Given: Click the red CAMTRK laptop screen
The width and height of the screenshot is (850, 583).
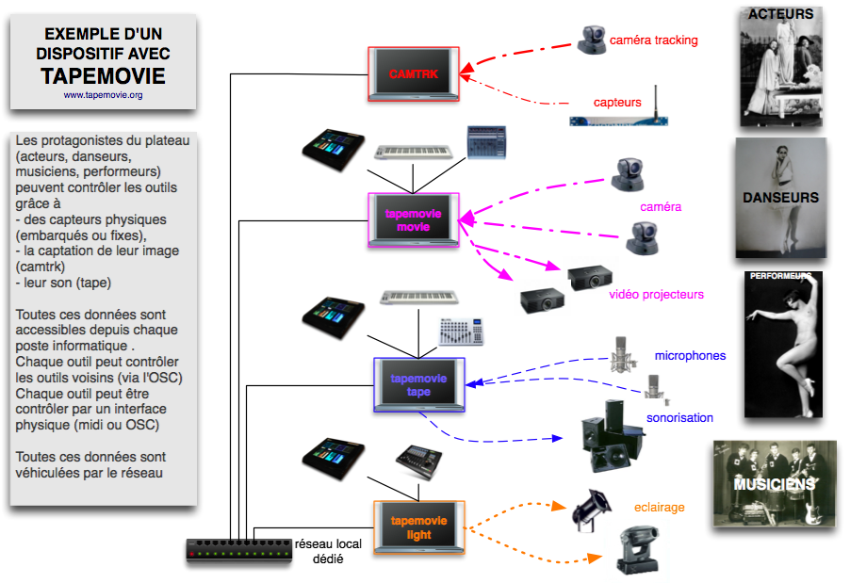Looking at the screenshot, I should pyautogui.click(x=414, y=73).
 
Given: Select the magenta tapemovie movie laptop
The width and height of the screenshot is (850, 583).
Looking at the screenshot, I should pyautogui.click(x=413, y=220).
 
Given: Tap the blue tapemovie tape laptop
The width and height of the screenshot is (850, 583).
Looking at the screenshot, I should pyautogui.click(x=419, y=384).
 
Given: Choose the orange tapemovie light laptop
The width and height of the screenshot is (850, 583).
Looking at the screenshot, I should pyautogui.click(x=418, y=526).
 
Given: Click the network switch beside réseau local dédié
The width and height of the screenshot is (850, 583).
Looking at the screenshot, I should pyautogui.click(x=238, y=549).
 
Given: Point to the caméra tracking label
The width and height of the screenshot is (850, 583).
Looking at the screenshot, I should pyautogui.click(x=653, y=40).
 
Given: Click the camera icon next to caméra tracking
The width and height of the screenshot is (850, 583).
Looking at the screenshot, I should pyautogui.click(x=592, y=39).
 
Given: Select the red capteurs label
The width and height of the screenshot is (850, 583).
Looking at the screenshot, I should pyautogui.click(x=617, y=102).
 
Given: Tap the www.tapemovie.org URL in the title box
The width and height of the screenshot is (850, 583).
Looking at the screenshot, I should pyautogui.click(x=103, y=95).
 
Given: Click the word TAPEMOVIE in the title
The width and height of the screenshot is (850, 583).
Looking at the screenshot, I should pyautogui.click(x=103, y=76).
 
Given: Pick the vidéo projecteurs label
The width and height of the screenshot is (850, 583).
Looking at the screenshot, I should pyautogui.click(x=656, y=295).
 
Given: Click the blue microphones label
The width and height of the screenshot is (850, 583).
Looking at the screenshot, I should pyautogui.click(x=690, y=356).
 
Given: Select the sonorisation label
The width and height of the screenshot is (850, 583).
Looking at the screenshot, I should pyautogui.click(x=679, y=417).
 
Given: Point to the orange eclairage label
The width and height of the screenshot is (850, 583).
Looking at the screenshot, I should pyautogui.click(x=659, y=508).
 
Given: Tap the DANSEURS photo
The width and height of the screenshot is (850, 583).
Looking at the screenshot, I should pyautogui.click(x=780, y=198).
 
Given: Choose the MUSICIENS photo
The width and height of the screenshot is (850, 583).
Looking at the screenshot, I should pyautogui.click(x=775, y=483).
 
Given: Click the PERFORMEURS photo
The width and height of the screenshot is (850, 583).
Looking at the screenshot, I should pyautogui.click(x=782, y=344).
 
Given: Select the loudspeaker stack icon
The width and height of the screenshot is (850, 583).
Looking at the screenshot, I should pyautogui.click(x=608, y=435).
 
